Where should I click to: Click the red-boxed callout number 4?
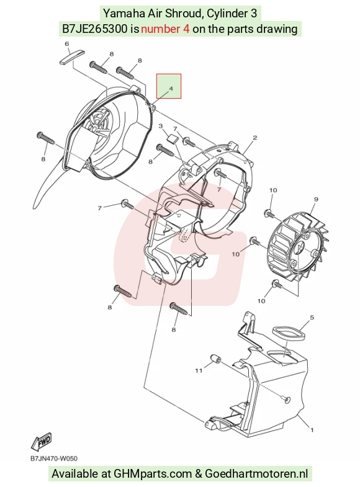[x=171, y=89]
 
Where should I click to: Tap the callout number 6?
[x=67, y=44]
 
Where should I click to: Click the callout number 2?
[x=254, y=138]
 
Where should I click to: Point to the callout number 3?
[x=161, y=126]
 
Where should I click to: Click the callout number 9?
[x=316, y=199]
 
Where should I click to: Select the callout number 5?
[x=312, y=318]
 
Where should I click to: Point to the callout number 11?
[x=199, y=370]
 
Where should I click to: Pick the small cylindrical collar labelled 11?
[x=216, y=358]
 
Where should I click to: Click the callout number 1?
[x=312, y=430]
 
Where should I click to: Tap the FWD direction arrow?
[x=42, y=441]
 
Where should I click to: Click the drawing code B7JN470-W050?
[x=54, y=458]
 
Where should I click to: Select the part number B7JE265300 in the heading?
[x=95, y=29]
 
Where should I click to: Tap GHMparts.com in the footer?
[x=153, y=474]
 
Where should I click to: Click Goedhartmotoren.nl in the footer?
[x=256, y=474]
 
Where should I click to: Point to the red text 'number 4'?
[x=165, y=29]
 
